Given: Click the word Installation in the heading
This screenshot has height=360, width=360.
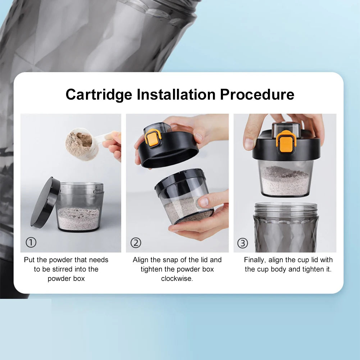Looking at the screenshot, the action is click(x=176, y=94).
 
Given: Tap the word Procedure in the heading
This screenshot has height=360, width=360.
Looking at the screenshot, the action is click(x=257, y=94).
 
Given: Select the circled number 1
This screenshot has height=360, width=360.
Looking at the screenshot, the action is click(x=31, y=242).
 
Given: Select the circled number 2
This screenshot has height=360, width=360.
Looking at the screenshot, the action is click(x=136, y=243).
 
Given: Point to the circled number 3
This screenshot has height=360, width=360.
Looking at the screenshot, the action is click(x=243, y=243).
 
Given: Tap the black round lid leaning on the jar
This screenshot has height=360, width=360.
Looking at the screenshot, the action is click(x=45, y=202).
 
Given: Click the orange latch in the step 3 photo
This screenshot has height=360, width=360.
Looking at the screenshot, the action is click(x=286, y=142).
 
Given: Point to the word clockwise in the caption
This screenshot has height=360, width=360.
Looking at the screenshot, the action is click(x=177, y=278).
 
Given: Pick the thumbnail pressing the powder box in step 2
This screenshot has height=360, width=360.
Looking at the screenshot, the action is click(x=204, y=202).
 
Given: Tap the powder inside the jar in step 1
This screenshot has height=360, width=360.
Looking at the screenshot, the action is click(x=79, y=219).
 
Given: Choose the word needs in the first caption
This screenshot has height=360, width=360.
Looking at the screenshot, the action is click(x=99, y=260).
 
